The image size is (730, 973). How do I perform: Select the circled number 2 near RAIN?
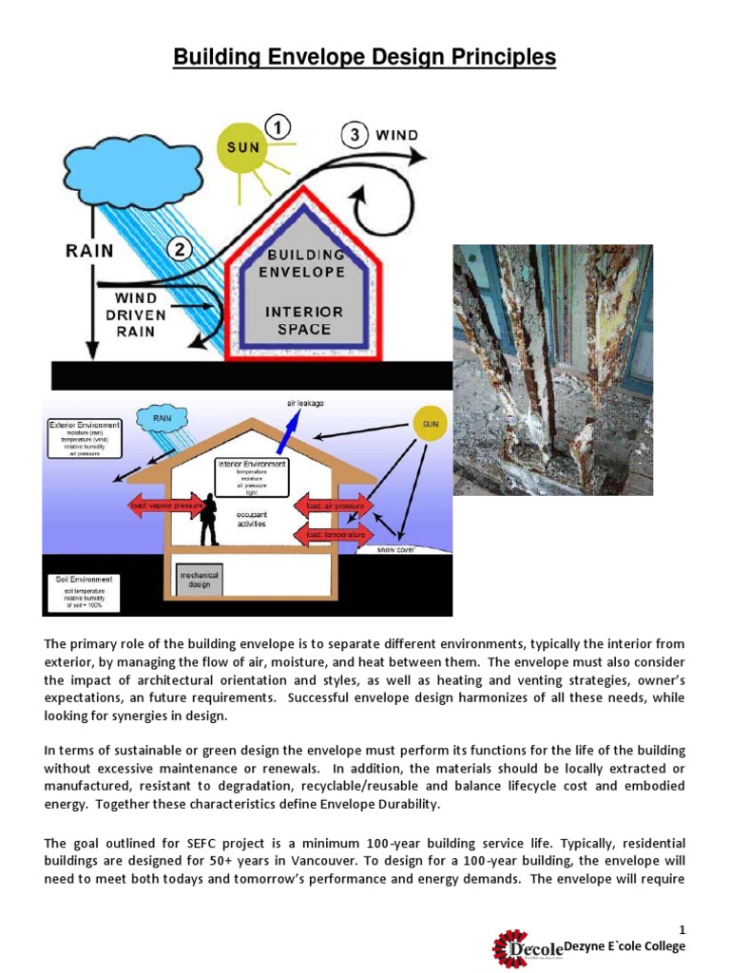[181, 251]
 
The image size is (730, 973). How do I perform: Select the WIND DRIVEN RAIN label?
[136, 315]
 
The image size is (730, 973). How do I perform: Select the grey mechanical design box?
[199, 579]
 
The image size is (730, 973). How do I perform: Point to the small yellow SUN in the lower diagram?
[430, 425]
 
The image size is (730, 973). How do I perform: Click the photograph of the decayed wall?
[552, 370]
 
